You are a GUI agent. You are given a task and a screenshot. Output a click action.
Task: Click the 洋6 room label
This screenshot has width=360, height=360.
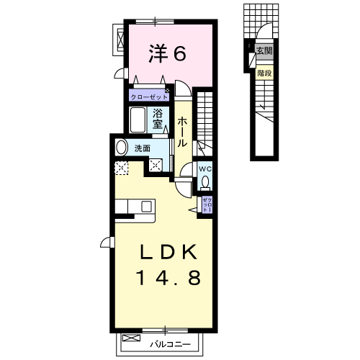(x=167, y=54)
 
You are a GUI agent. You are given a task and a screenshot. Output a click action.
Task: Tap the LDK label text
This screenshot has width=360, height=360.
(x=168, y=252)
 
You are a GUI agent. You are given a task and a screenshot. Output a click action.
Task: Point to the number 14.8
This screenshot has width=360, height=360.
(x=168, y=277)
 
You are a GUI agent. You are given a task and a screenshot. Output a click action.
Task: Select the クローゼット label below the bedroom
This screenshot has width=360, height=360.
(x=149, y=97)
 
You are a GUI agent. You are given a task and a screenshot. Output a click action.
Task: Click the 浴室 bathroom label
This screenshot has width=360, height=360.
(x=158, y=118)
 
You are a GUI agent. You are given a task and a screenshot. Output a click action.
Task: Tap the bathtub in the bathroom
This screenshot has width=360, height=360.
(x=138, y=120)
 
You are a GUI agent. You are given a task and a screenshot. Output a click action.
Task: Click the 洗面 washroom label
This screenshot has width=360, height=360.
(x=142, y=148)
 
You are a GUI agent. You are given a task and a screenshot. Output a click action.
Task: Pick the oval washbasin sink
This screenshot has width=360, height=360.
(x=122, y=148)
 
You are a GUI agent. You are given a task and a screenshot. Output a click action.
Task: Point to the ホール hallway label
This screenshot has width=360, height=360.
(x=182, y=132)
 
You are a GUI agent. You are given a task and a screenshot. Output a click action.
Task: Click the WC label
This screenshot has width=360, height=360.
(x=205, y=169)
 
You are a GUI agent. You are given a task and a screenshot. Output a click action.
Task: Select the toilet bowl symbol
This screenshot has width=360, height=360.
(x=205, y=181)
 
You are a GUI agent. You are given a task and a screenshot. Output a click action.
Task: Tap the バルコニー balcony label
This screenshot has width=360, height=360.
(x=170, y=345)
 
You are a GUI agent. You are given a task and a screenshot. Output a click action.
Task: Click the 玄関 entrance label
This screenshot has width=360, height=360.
(x=264, y=50)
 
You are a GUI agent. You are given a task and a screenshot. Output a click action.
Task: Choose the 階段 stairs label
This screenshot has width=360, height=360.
(x=264, y=73)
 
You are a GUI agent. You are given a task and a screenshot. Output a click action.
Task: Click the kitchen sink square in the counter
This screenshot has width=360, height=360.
(x=146, y=207)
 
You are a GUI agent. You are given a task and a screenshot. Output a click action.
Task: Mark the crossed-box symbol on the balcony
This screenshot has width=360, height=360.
(x=131, y=338)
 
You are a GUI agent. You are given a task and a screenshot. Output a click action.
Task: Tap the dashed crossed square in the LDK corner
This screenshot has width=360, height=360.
(x=122, y=168)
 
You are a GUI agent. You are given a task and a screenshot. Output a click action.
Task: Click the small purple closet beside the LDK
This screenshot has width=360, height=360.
(x=207, y=204)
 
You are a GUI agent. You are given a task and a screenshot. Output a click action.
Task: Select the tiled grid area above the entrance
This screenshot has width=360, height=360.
(x=261, y=21)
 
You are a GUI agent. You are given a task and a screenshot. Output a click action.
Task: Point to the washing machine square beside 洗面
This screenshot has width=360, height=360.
(x=156, y=166)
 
